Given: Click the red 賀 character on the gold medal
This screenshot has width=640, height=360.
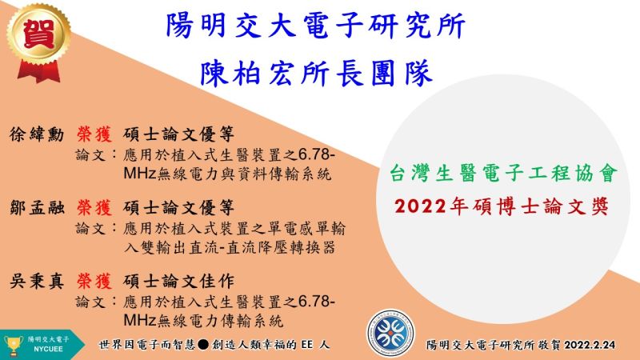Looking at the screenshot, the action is click(38, 34).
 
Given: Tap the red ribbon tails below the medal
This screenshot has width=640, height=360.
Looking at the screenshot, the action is click(38, 72).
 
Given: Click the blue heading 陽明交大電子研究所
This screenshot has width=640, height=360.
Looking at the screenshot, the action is click(315, 26).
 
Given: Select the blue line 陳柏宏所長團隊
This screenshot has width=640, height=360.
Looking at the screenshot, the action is click(316, 73).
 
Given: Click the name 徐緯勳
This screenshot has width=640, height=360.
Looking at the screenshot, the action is click(37, 134).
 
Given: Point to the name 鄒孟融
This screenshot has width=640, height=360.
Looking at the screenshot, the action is click(37, 208).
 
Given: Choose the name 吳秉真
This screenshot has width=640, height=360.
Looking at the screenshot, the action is click(37, 282).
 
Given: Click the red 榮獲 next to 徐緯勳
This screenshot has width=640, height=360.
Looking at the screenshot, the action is click(94, 134).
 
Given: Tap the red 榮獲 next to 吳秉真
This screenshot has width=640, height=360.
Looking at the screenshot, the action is click(94, 282).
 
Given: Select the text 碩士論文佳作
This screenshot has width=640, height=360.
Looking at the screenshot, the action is click(178, 282).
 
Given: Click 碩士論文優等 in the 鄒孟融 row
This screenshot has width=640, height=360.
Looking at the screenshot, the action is click(178, 208).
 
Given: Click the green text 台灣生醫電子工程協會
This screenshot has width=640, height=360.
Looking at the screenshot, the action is click(503, 173).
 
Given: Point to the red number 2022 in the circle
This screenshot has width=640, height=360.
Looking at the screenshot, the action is click(421, 206).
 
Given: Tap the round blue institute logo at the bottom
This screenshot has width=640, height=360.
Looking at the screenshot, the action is click(390, 333).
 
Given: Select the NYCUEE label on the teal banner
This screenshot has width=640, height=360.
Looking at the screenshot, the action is click(48, 350).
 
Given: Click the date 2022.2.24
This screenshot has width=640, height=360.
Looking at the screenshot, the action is click(590, 345).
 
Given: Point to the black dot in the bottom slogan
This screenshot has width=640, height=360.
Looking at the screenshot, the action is click(203, 345).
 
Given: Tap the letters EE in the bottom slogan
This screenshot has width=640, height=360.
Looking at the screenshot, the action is click(307, 345).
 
